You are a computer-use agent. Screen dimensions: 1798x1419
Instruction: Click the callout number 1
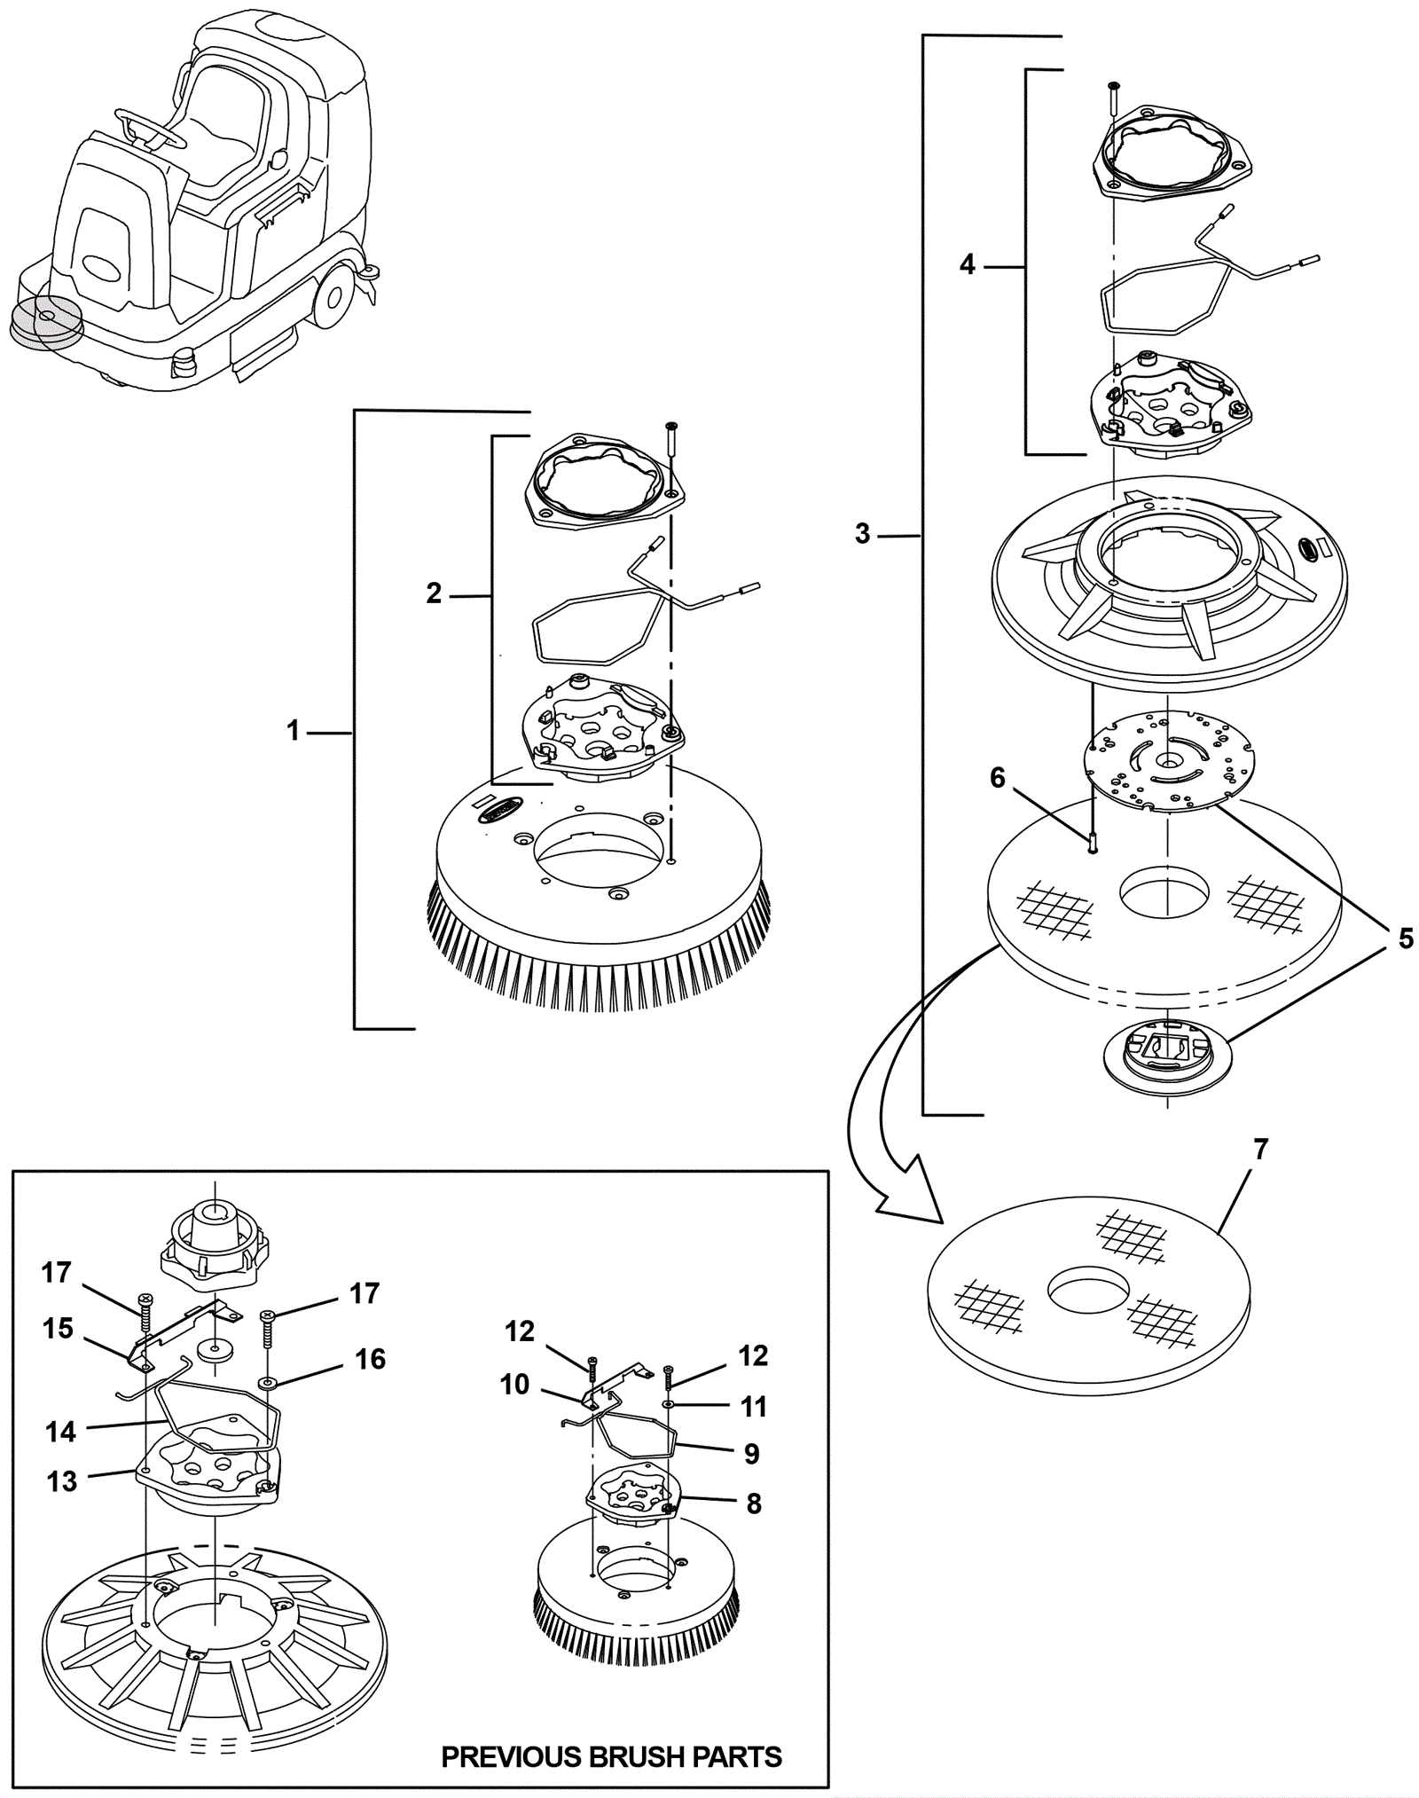coord(294,732)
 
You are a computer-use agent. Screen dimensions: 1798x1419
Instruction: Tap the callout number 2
coord(434,593)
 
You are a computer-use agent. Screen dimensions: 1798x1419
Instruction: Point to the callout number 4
coord(967,263)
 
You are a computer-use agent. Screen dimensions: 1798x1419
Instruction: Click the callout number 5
coord(1406,938)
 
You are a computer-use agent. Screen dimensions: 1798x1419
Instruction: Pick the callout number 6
coord(998,778)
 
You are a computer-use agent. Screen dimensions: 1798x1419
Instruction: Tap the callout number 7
coord(1261,1150)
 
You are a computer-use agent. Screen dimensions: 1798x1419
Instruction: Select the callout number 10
coord(514,1384)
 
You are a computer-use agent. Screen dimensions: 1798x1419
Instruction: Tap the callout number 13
coord(62,1480)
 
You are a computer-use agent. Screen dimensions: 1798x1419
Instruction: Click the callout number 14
coord(61,1431)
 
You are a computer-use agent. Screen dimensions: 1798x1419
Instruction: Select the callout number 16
coord(370,1359)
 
